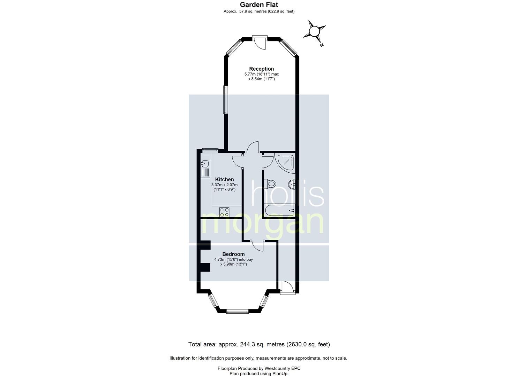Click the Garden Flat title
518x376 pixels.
point(259,5)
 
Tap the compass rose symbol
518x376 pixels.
point(314,32)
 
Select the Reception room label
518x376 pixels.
point(261,69)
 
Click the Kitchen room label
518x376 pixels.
point(224,179)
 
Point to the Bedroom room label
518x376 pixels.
point(233,254)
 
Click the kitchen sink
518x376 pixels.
point(43,164)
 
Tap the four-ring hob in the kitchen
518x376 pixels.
point(225,212)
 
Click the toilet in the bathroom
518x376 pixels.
point(270,184)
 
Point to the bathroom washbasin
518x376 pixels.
point(292,184)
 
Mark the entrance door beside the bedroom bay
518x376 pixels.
point(287,288)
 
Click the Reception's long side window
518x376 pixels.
point(225,100)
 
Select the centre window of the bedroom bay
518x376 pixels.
point(237,311)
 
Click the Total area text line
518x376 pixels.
point(259,344)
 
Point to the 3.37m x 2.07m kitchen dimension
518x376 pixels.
point(225,185)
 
